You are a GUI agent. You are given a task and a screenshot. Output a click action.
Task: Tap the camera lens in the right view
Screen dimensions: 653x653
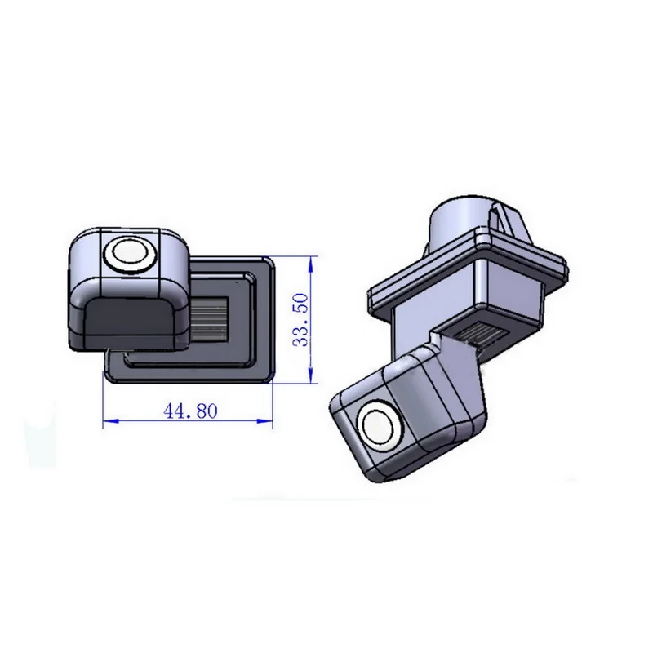(379, 424)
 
